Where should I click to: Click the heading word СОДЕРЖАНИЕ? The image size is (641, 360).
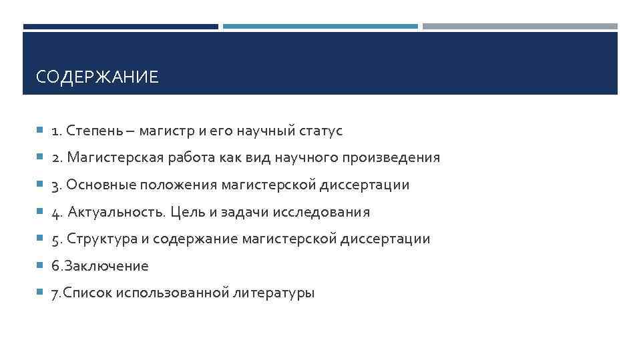pyautogui.click(x=97, y=77)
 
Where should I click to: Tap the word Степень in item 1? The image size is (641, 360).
pyautogui.click(x=93, y=131)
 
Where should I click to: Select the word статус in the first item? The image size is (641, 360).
pyautogui.click(x=320, y=131)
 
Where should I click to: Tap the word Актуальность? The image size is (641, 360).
pyautogui.click(x=117, y=212)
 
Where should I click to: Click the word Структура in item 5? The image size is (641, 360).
pyautogui.click(x=101, y=239)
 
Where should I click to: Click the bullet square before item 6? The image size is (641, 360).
pyautogui.click(x=40, y=265)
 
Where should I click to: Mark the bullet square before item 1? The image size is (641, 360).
pyautogui.click(x=40, y=130)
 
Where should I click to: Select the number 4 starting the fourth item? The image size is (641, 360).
pyautogui.click(x=56, y=213)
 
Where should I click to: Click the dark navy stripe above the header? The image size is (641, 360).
pyautogui.click(x=120, y=27)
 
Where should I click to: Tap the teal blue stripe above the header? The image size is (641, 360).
pyautogui.click(x=320, y=27)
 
